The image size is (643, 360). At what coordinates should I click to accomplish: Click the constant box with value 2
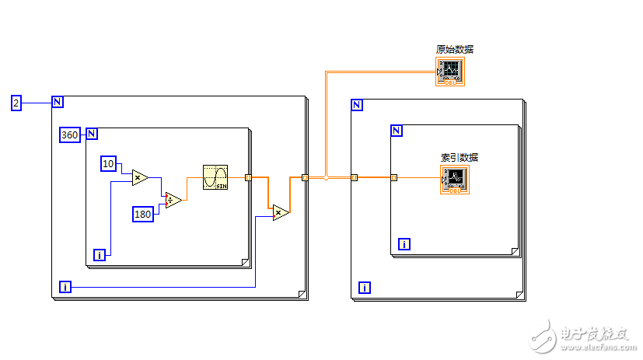[16, 102]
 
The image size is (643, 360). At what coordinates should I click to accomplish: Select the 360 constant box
[70, 135]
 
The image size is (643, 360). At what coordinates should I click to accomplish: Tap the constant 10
[108, 163]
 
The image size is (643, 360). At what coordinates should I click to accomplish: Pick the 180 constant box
[142, 214]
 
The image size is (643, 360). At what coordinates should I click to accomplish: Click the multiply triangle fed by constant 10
[139, 178]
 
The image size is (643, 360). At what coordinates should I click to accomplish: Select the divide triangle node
[173, 201]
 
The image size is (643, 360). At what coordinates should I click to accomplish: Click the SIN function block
[215, 177]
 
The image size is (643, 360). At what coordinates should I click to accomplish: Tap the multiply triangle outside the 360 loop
[280, 211]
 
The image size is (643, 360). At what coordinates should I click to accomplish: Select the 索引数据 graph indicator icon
[455, 180]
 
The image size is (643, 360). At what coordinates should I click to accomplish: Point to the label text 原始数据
[455, 49]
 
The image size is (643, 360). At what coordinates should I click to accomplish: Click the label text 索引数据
[460, 157]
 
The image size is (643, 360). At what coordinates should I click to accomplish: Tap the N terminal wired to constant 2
[58, 102]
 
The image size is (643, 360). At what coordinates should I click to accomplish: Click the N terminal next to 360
[92, 134]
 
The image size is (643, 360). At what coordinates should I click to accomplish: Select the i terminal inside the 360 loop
[99, 254]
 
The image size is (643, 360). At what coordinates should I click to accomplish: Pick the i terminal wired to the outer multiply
[65, 288]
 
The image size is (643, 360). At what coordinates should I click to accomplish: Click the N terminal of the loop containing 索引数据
[397, 131]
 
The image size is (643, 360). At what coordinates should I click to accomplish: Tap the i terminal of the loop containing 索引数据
[404, 244]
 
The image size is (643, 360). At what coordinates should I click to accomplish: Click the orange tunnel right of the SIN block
[248, 177]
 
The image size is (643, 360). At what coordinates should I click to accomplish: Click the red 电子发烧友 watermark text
[592, 334]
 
